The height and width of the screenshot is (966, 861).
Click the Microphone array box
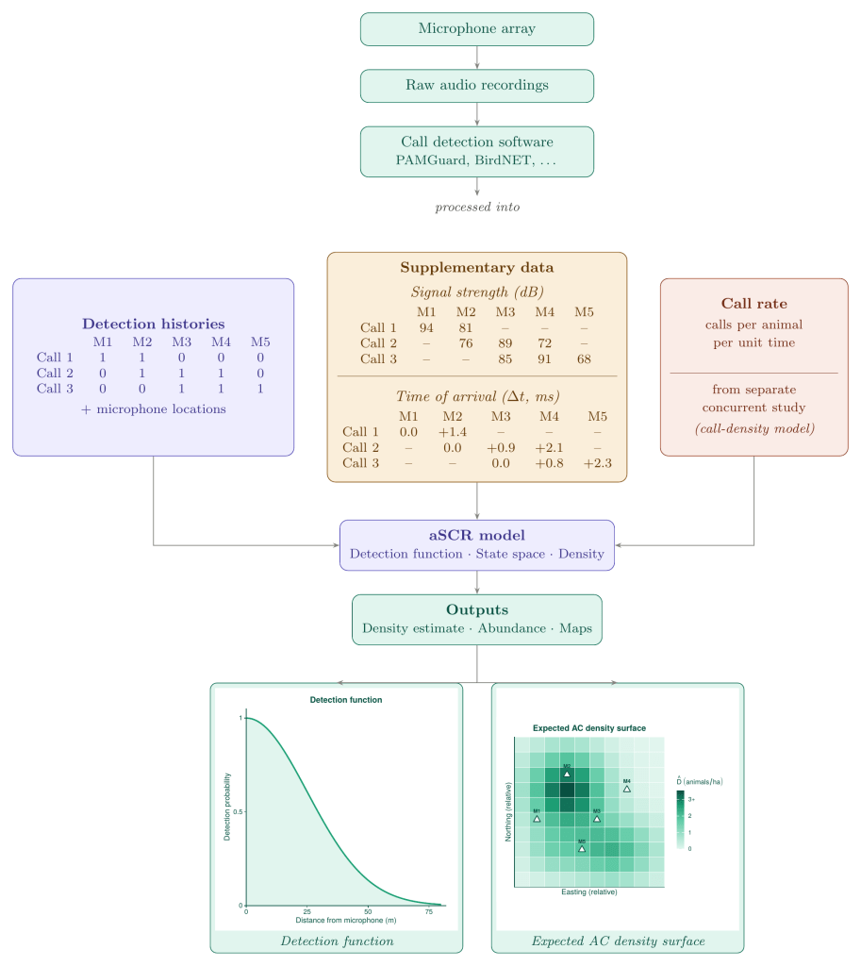[x=476, y=28]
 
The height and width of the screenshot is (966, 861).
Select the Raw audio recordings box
[x=476, y=85]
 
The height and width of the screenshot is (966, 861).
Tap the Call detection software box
[x=476, y=151]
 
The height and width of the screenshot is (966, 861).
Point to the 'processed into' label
[x=477, y=207]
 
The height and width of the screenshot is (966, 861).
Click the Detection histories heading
[x=153, y=324]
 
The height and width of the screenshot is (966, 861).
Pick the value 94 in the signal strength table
[x=426, y=327]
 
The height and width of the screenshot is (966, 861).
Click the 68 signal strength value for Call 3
[x=584, y=358]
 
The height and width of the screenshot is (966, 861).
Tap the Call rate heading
[x=753, y=304]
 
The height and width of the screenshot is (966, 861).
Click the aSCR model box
[x=476, y=544]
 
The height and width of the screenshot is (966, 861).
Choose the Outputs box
[x=476, y=619]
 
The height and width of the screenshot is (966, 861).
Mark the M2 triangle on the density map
[x=567, y=774]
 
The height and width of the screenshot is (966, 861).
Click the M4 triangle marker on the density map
[x=626, y=789]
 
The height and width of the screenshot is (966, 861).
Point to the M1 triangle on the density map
[x=537, y=819]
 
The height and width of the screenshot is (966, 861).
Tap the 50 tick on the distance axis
[x=368, y=912]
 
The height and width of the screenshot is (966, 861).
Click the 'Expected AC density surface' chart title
[x=588, y=728]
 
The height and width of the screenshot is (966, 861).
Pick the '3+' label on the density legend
[x=691, y=799]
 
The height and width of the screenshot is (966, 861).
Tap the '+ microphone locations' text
[x=153, y=408]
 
